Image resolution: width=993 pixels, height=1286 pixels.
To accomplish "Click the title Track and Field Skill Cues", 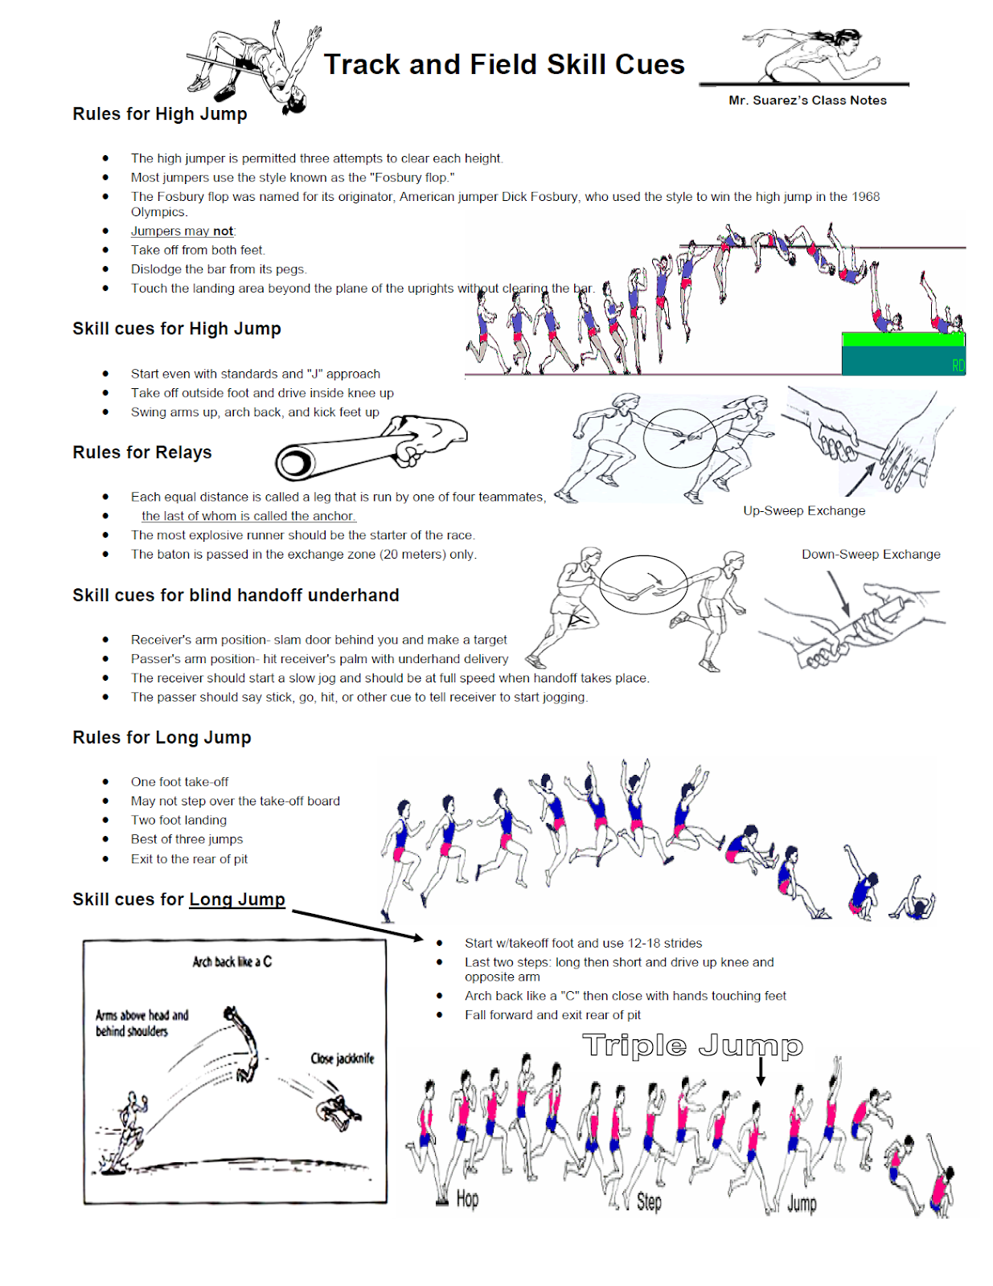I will point(504,64).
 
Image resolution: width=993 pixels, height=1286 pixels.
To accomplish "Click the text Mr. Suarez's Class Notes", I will point(807,100).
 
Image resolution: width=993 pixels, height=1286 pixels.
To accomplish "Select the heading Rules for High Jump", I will point(160,114).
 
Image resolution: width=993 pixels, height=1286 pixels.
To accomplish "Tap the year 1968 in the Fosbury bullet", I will point(865,196).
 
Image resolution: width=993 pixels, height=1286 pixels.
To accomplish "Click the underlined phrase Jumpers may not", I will point(183,231).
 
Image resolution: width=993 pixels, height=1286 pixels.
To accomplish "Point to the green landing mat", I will point(902,340).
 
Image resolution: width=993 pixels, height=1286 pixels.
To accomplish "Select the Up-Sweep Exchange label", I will point(804,510).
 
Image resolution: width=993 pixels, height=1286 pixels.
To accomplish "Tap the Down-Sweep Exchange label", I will point(871,555).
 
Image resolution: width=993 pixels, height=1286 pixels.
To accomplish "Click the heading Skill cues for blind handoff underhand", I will point(236,596).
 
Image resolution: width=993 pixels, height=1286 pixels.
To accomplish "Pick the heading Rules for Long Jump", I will point(162,738).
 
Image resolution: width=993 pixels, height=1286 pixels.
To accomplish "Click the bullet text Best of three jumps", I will point(187,839).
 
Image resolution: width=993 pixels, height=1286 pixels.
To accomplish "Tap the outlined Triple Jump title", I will point(692,1046).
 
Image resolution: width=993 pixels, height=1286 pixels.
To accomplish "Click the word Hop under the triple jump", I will point(467,1199).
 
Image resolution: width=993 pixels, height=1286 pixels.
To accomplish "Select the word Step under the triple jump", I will point(649,1202).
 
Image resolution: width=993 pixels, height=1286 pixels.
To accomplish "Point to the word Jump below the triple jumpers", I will point(802,1203).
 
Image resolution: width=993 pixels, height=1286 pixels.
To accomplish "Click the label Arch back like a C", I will point(232,961).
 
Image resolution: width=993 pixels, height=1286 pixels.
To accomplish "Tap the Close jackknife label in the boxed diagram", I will point(343,1059).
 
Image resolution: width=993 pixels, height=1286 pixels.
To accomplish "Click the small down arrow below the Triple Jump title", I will point(761,1071).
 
